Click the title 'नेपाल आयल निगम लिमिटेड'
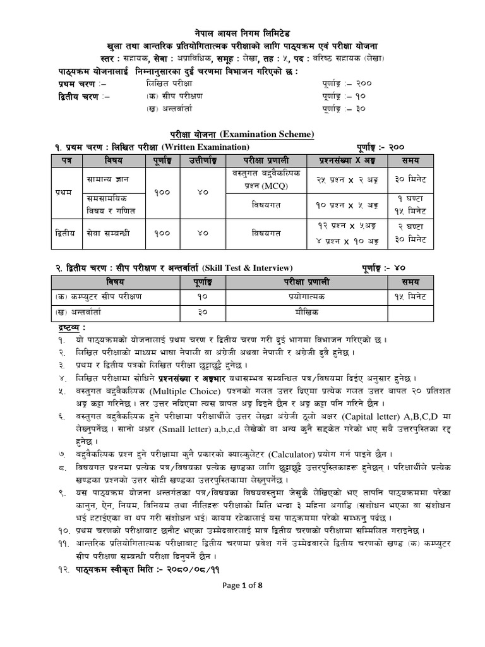pyautogui.click(x=242, y=33)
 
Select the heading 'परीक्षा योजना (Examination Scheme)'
pyautogui.click(x=242, y=135)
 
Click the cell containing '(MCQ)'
pyautogui.click(x=265, y=185)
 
